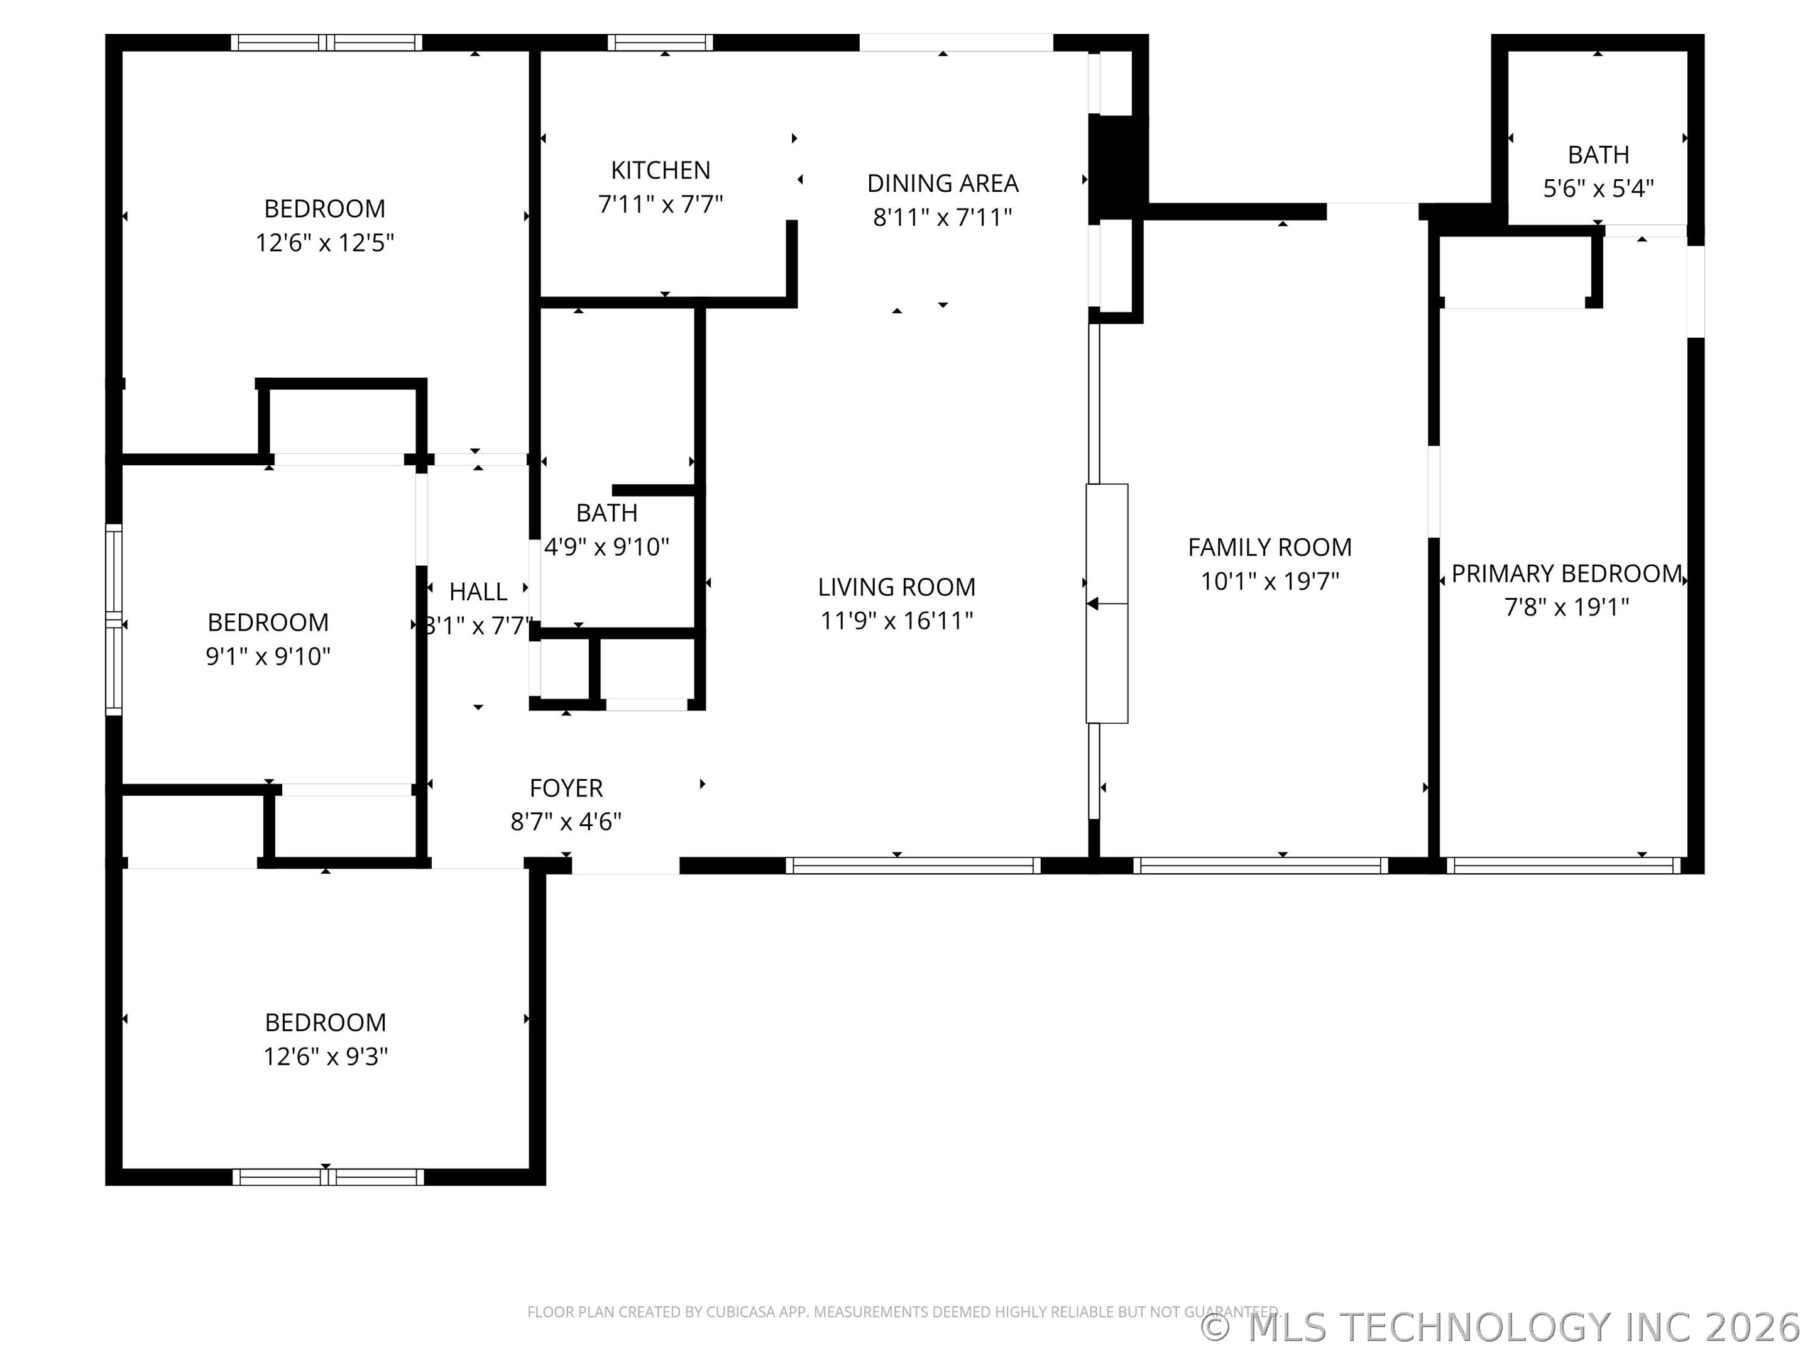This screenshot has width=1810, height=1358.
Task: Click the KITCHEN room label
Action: coord(661,170)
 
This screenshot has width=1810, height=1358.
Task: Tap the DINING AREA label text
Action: coord(943,184)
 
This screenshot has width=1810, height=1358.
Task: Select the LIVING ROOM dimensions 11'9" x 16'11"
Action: coord(896,621)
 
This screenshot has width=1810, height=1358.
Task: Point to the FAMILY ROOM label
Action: coord(1269,547)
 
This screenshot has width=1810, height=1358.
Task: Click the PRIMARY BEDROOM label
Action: coord(1566,574)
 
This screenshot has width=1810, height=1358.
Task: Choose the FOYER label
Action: coord(566,788)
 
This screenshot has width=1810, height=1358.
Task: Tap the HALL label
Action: coord(478,592)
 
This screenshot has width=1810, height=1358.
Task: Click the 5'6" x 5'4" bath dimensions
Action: coord(1598,189)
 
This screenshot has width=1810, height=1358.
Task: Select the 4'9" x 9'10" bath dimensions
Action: coord(606,547)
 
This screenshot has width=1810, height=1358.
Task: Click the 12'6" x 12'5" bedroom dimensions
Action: coord(325,243)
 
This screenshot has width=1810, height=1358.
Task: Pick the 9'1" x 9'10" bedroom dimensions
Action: coord(268,656)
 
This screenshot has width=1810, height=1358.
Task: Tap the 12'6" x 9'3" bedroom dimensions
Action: coord(325,1057)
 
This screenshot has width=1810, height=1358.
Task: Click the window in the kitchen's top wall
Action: coord(659,43)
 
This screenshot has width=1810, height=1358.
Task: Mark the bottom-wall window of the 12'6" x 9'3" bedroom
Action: coord(328,1177)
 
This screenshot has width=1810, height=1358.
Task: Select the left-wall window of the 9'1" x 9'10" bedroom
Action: coord(114,620)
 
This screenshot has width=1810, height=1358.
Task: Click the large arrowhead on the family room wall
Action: coord(1092,604)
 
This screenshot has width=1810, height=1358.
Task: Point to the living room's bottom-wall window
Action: coord(913,865)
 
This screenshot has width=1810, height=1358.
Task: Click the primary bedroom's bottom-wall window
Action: coord(1563,865)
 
